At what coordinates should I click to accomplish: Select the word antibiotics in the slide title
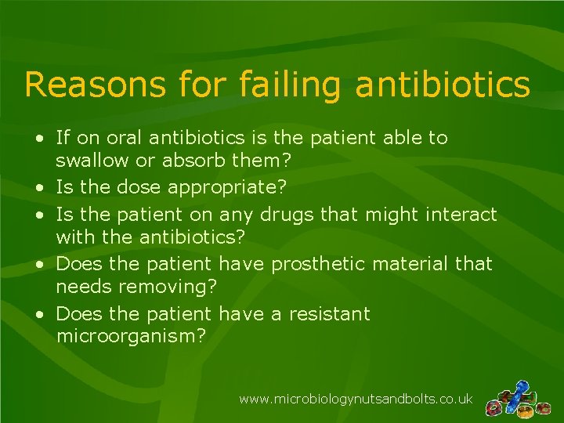[443, 85]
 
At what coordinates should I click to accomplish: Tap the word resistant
[328, 314]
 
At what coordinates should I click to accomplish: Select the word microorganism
[132, 337]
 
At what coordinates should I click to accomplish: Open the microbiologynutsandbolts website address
[356, 399]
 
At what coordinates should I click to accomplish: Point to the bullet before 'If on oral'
[39, 139]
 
